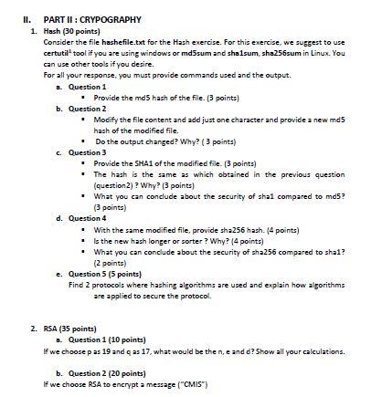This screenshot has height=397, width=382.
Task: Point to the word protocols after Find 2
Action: pyautogui.click(x=120, y=284)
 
